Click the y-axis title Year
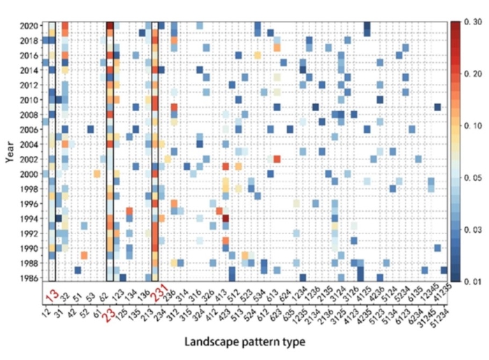pyautogui.click(x=10, y=149)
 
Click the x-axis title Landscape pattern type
pyautogui.click(x=254, y=343)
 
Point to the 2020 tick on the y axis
pyautogui.click(x=29, y=25)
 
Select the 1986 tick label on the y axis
pyautogui.click(x=29, y=278)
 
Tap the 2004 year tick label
pyautogui.click(x=29, y=144)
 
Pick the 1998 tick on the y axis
pyautogui.click(x=29, y=189)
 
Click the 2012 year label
pyautogui.click(x=29, y=85)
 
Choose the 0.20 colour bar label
pyautogui.click(x=469, y=73)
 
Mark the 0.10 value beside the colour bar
pyautogui.click(x=469, y=125)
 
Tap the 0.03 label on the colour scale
pyautogui.click(x=469, y=229)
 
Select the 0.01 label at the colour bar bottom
pyautogui.click(x=469, y=280)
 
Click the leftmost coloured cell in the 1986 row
pyautogui.click(x=78, y=271)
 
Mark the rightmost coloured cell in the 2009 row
pyautogui.click(x=437, y=107)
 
